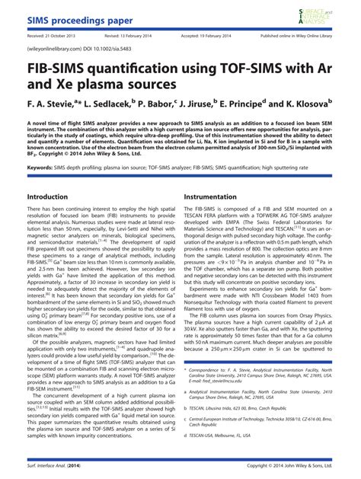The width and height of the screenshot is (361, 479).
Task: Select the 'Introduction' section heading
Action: click(48, 196)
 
